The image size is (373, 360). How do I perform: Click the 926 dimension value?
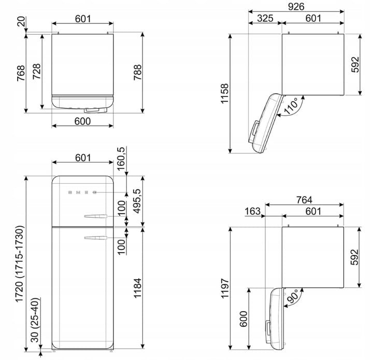[x=296, y=6]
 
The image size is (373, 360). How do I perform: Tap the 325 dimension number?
[x=265, y=18]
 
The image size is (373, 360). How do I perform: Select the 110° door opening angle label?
[x=291, y=105]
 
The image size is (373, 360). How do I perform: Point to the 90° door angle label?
[x=292, y=296]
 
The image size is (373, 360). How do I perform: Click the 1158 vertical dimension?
[x=224, y=93]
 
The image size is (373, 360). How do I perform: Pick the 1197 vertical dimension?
[x=224, y=288]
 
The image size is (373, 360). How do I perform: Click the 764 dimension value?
[x=304, y=200]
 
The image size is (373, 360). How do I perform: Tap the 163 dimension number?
[x=253, y=211]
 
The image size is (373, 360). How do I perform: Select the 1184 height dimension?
[x=137, y=288]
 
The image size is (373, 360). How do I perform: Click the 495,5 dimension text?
[x=137, y=201]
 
